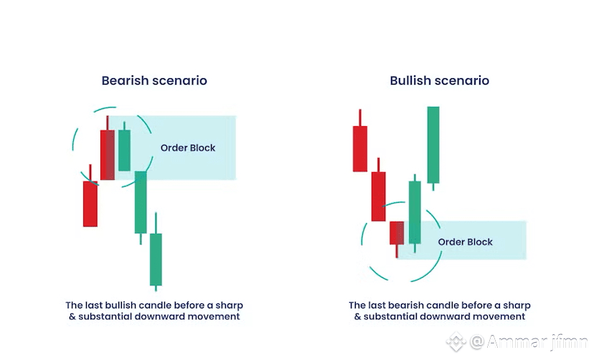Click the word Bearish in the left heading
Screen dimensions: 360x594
tap(126, 81)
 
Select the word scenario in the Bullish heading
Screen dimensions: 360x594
tap(465, 81)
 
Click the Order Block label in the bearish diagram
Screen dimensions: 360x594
tap(188, 148)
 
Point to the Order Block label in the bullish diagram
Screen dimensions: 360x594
tap(466, 242)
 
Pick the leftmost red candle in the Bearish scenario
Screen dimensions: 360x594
tap(90, 204)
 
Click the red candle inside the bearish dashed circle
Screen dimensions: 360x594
tap(108, 154)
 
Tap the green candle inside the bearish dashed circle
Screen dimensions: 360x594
tap(124, 150)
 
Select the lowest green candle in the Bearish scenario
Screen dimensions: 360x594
tap(156, 258)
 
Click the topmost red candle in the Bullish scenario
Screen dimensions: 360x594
tap(360, 148)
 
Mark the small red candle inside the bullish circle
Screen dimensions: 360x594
tap(397, 232)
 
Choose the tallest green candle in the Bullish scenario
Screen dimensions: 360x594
tap(433, 145)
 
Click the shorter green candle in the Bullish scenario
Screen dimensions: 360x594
tap(415, 213)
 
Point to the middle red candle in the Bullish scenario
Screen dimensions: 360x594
tap(379, 196)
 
